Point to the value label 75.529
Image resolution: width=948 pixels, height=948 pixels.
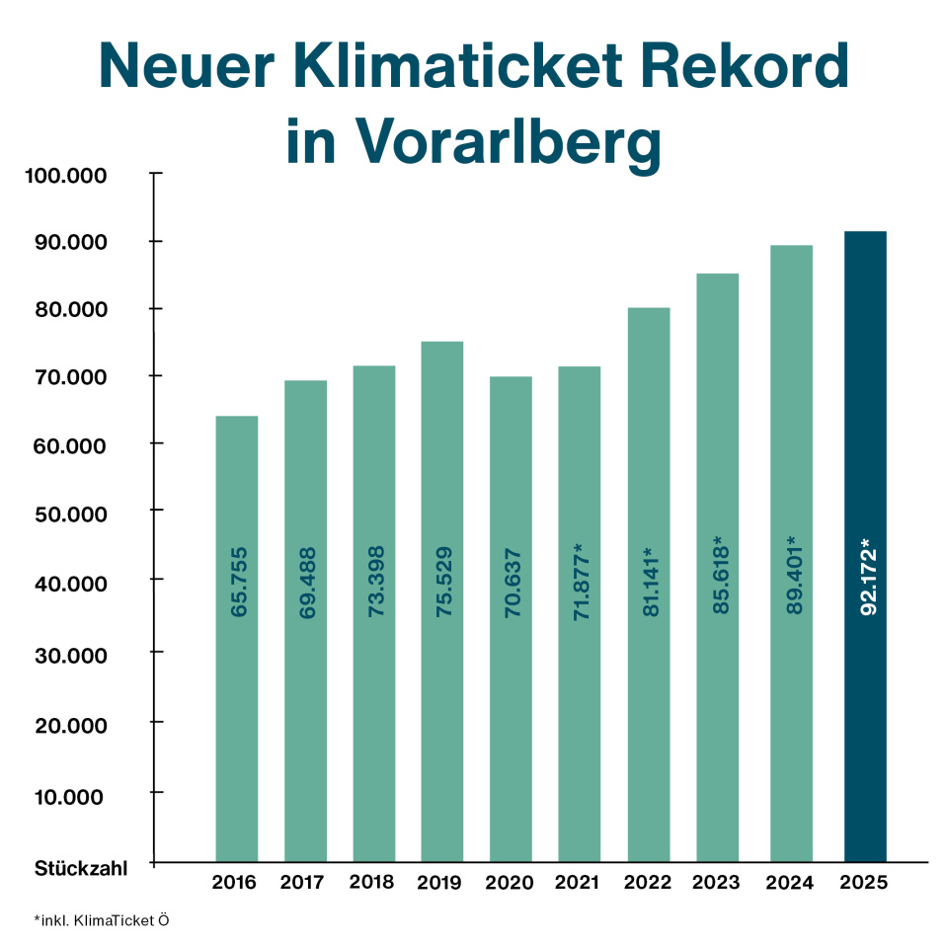point(443,582)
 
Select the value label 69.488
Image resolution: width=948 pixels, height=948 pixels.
point(306,582)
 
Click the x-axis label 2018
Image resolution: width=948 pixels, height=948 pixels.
point(373,883)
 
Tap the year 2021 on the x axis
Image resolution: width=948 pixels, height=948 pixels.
point(578,883)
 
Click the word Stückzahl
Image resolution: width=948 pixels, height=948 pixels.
point(81,869)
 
